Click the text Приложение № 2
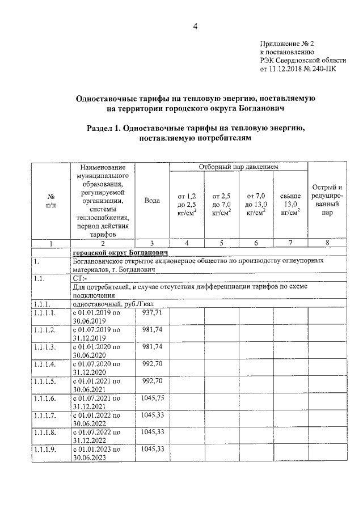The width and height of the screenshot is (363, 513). (x=287, y=43)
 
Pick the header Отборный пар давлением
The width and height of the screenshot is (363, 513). (x=238, y=167)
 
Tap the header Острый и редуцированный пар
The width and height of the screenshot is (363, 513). (x=327, y=200)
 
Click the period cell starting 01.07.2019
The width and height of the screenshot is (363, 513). (x=96, y=333)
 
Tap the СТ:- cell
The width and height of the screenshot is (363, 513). (x=79, y=278)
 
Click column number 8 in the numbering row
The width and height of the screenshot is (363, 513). (x=327, y=243)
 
